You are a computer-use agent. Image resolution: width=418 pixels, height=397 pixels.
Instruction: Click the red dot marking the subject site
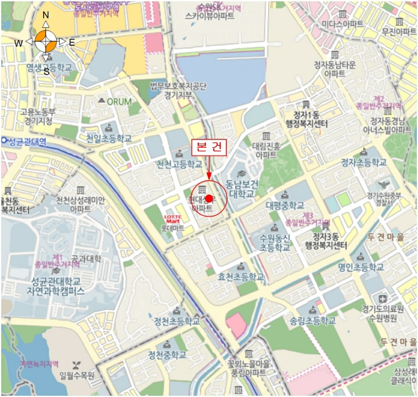(x=209, y=199)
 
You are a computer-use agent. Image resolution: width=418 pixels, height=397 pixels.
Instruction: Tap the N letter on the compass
(x=46, y=15)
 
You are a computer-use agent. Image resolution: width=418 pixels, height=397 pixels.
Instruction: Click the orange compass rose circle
(x=46, y=41)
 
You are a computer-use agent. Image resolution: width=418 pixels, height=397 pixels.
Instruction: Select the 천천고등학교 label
(x=179, y=164)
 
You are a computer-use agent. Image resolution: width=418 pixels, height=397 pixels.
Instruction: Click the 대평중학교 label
(x=285, y=206)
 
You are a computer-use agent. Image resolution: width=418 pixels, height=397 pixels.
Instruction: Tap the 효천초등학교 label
(x=241, y=277)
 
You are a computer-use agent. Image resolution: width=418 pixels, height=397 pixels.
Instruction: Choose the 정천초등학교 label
(x=177, y=321)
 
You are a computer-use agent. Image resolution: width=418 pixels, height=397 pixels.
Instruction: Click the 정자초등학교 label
(x=364, y=162)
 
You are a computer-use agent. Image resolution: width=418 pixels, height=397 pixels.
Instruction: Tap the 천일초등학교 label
(x=109, y=138)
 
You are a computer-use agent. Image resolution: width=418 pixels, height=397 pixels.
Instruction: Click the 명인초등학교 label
(x=361, y=267)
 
